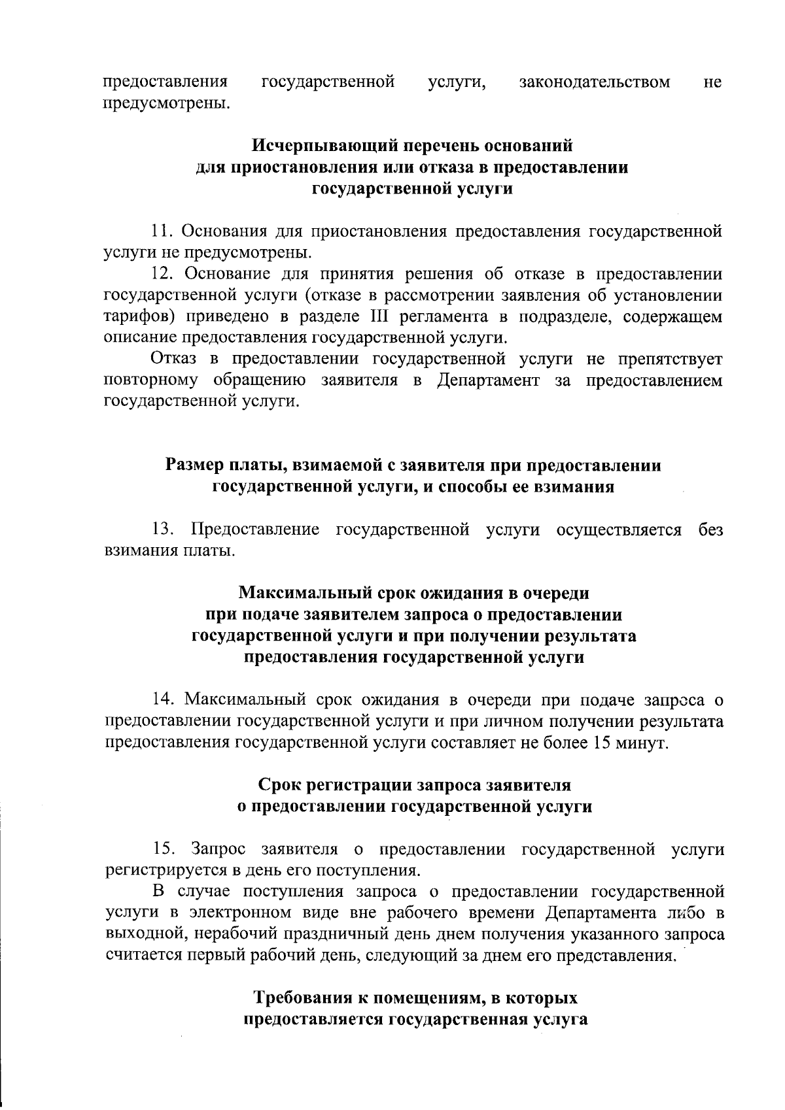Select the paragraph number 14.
tap(162, 700)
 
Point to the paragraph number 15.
tap(164, 850)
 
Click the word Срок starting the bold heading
tap(281, 784)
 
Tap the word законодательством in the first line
tap(594, 82)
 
